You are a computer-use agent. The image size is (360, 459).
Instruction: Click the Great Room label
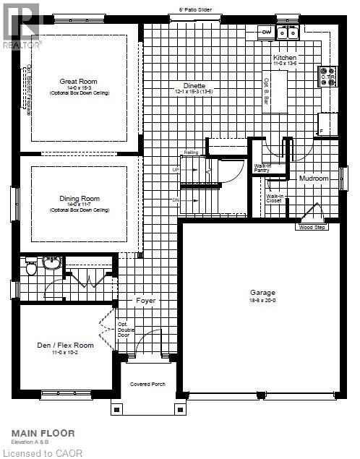(x=79, y=82)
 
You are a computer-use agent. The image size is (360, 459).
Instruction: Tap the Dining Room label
(x=80, y=198)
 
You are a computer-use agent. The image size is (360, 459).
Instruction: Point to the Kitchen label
(x=285, y=57)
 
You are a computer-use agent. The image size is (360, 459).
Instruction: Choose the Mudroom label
(x=314, y=178)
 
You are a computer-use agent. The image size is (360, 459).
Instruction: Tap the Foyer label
(x=146, y=300)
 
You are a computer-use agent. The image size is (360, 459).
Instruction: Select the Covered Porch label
(x=147, y=384)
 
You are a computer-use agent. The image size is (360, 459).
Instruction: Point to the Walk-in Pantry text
(x=262, y=168)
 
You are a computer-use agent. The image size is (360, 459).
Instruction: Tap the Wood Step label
(x=311, y=228)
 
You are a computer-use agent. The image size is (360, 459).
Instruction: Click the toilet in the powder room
(x=31, y=269)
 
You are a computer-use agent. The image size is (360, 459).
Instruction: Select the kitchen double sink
(x=288, y=32)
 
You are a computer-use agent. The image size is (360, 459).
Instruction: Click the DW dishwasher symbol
(x=266, y=32)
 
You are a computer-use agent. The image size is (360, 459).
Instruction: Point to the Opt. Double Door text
(x=123, y=329)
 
